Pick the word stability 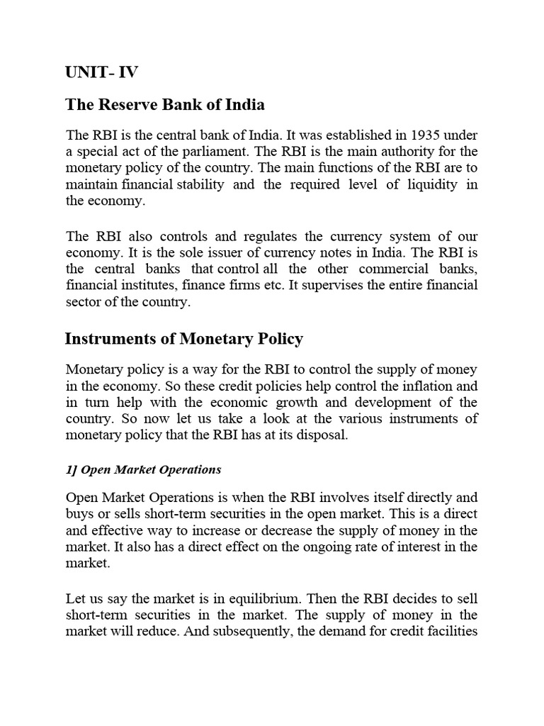pos(200,184)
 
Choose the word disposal pos(322,435)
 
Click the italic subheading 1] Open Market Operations pos(143,469)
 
